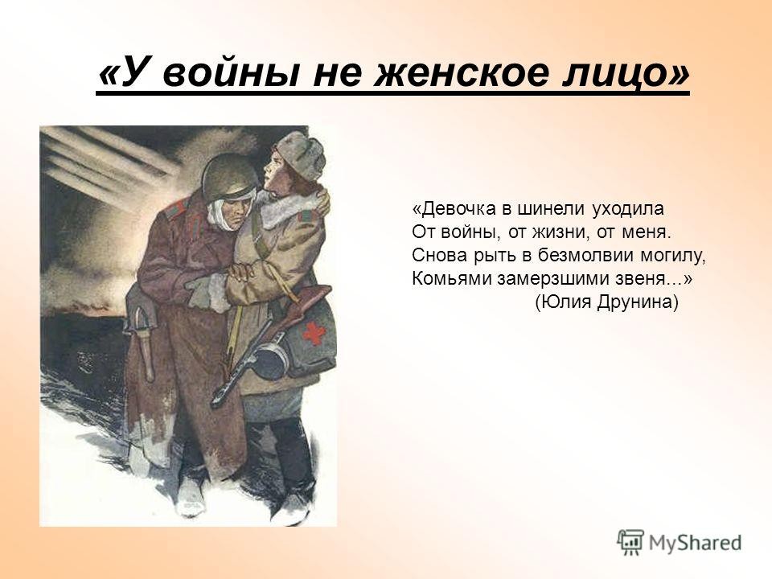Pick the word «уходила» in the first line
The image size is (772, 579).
point(628,209)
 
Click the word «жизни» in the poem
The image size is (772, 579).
point(565,232)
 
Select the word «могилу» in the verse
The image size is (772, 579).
point(673,255)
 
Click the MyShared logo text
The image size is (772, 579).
point(695,543)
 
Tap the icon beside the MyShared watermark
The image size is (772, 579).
point(630,543)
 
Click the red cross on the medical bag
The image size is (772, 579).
point(314,333)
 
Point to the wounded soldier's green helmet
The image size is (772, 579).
point(229,176)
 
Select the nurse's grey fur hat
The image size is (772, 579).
point(300,157)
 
